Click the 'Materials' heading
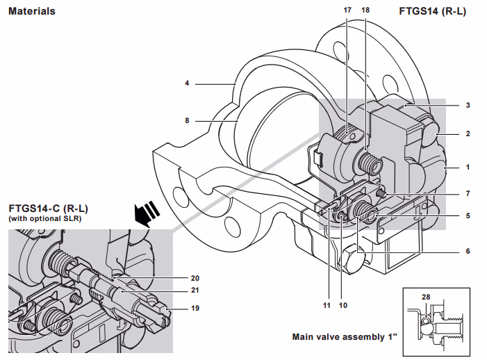click(32, 11)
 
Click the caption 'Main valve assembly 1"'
click(345, 338)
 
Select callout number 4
click(187, 83)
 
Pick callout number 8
click(187, 120)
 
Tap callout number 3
click(468, 106)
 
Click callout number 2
click(468, 133)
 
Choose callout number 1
click(468, 167)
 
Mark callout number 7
click(468, 193)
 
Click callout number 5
click(468, 215)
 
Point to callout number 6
click(468, 251)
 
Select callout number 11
click(325, 304)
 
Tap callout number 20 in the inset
click(195, 277)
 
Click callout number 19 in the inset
click(195, 307)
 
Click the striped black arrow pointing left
click(147, 213)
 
